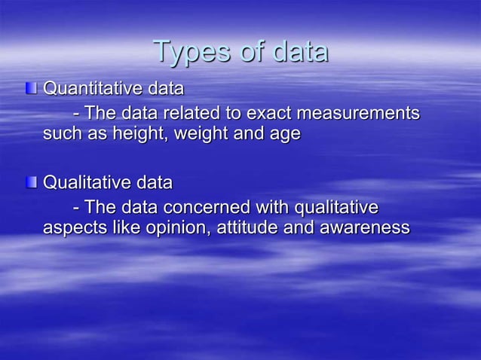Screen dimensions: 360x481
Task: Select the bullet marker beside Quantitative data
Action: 31,89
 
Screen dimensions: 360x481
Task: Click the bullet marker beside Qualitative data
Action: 31,182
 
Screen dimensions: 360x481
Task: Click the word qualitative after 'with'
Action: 335,207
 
